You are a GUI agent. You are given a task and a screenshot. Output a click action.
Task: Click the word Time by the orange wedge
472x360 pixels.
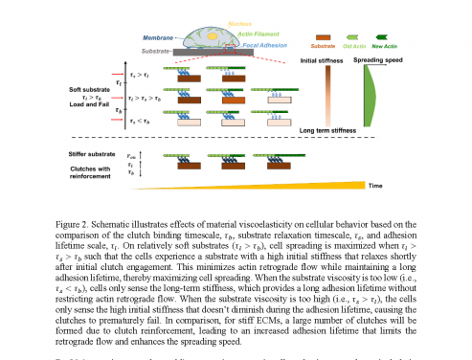pyautogui.click(x=405, y=186)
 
